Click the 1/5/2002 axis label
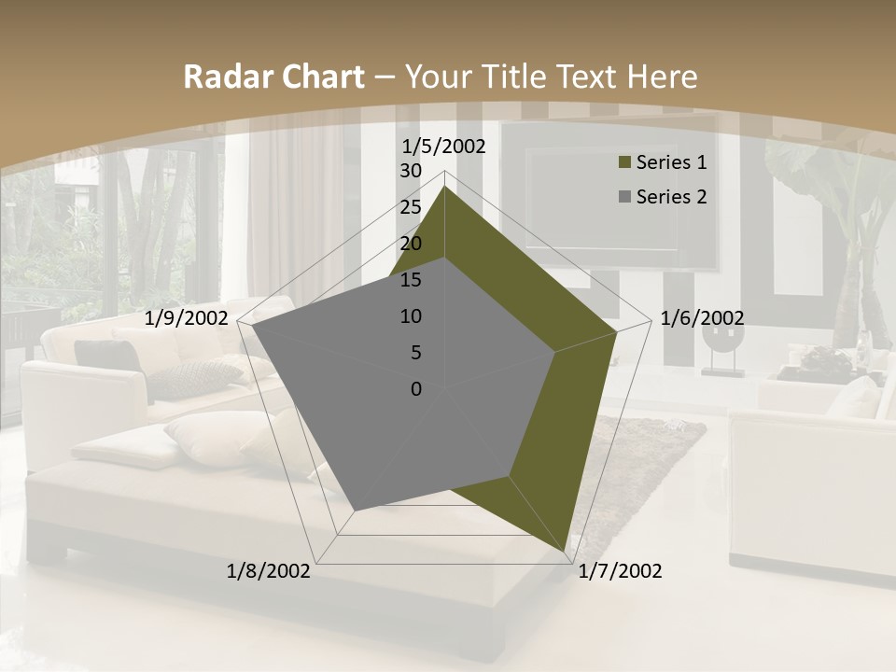pyautogui.click(x=444, y=147)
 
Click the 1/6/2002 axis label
pyautogui.click(x=702, y=318)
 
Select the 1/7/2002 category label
pyautogui.click(x=620, y=570)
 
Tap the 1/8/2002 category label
pyautogui.click(x=269, y=570)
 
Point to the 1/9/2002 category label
pyautogui.click(x=187, y=318)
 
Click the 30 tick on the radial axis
pyautogui.click(x=411, y=171)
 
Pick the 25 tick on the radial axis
pyautogui.click(x=411, y=207)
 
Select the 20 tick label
pyautogui.click(x=411, y=244)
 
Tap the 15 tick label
pyautogui.click(x=411, y=280)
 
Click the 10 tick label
pyautogui.click(x=411, y=316)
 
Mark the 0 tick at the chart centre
pyautogui.click(x=416, y=389)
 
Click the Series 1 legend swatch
pyautogui.click(x=623, y=162)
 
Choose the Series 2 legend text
pyautogui.click(x=671, y=196)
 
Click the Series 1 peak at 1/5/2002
pyautogui.click(x=444, y=187)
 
